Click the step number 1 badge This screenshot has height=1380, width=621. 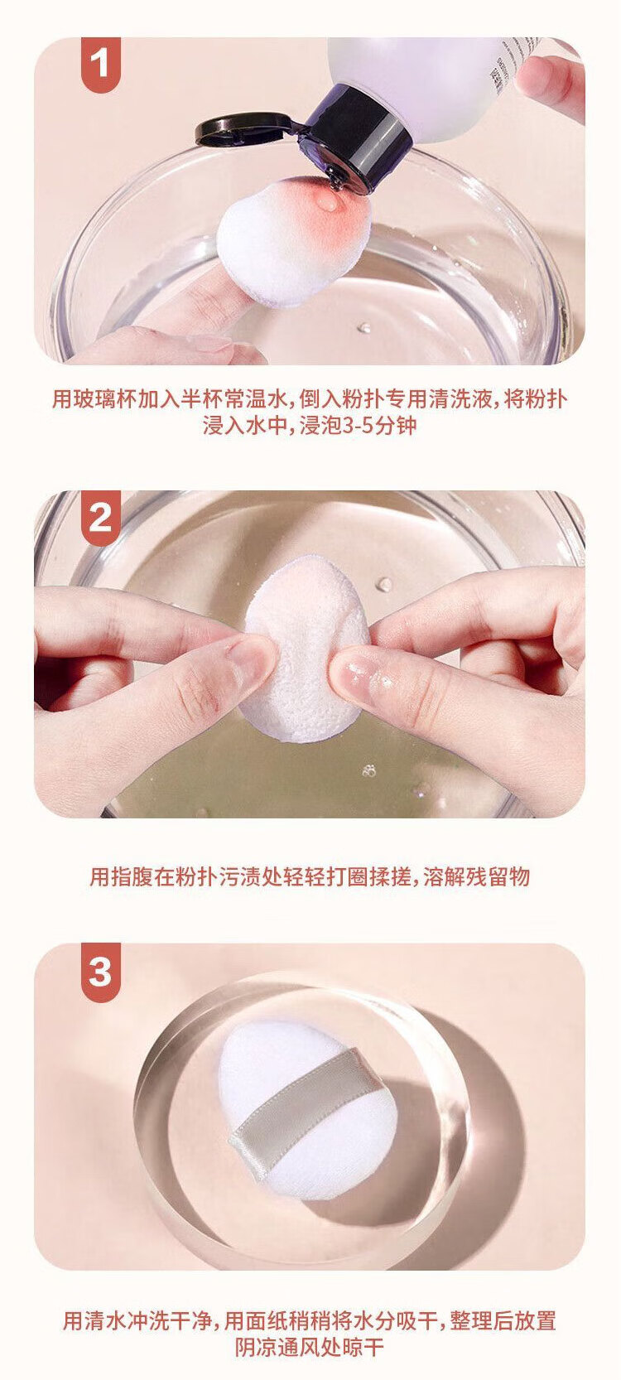coord(100,63)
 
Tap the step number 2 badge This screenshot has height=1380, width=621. coord(100,517)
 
